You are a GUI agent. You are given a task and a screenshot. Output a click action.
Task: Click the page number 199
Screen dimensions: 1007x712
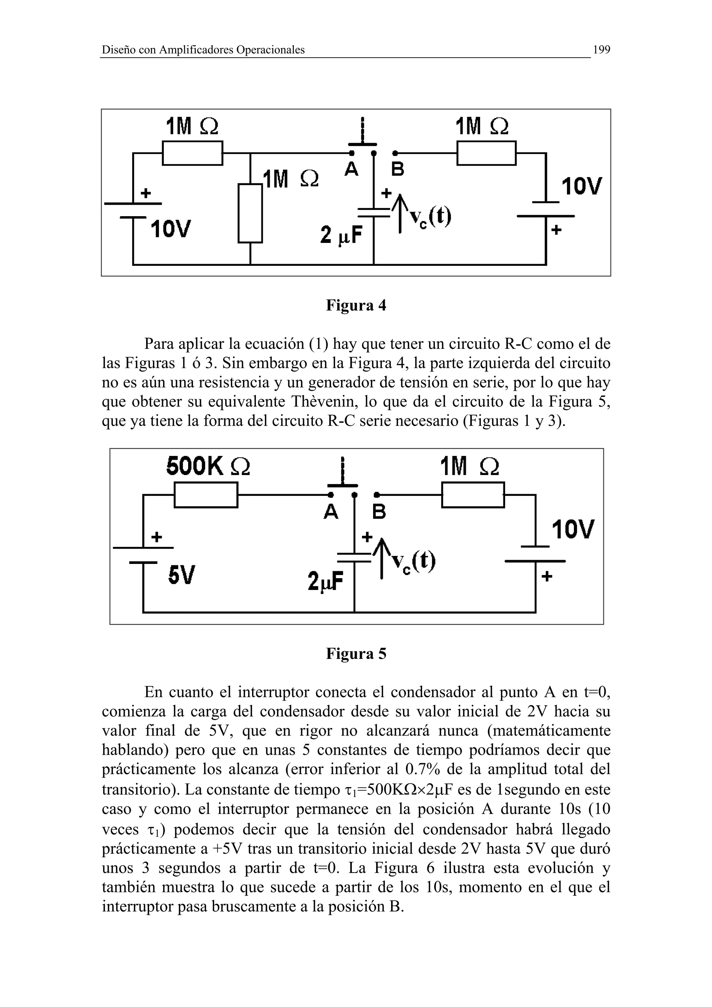tap(601, 50)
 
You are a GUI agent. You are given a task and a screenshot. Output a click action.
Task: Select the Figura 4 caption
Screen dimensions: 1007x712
tap(356, 305)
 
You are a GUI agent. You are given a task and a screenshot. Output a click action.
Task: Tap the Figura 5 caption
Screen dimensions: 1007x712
tap(356, 654)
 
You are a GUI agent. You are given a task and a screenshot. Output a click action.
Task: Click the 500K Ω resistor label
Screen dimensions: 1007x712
tap(208, 466)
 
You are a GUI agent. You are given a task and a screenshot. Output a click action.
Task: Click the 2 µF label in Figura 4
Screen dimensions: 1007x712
tap(342, 235)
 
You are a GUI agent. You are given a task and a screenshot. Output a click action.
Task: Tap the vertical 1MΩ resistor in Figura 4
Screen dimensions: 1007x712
tap(250, 213)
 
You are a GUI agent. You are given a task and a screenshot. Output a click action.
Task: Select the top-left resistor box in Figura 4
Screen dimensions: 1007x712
tap(193, 153)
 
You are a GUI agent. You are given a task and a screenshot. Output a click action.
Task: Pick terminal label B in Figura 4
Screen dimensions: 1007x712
tap(397, 169)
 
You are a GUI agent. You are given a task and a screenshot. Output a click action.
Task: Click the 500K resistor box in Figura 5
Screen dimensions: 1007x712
tap(206, 495)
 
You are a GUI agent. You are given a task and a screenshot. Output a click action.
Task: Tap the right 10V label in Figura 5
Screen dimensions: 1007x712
tap(573, 529)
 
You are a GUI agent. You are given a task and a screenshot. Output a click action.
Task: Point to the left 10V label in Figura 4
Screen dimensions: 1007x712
tap(171, 229)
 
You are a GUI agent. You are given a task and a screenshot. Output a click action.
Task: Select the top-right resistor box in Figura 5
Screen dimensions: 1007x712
tap(473, 495)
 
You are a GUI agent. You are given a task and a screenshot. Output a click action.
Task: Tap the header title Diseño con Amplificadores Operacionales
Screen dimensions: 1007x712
tap(203, 50)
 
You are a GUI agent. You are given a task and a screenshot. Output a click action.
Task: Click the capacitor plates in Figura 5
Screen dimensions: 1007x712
tap(354, 558)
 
